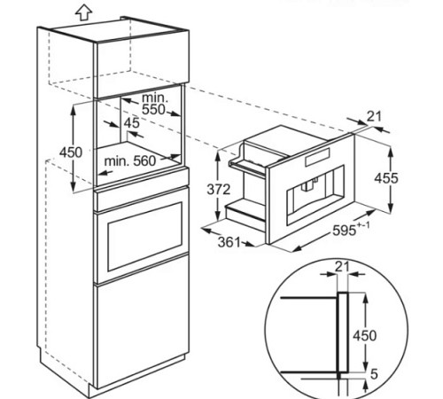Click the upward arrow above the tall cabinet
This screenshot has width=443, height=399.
pyautogui.click(x=83, y=12)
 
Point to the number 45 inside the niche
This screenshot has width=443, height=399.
pyautogui.click(x=132, y=124)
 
